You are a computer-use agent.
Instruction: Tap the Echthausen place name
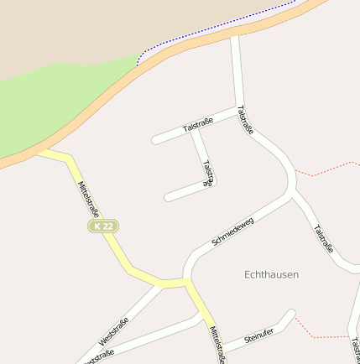tap(271, 274)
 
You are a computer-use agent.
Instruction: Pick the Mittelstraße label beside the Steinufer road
tap(217, 344)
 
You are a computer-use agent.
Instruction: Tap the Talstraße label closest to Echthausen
tap(324, 239)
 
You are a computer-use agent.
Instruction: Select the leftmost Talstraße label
tap(198, 126)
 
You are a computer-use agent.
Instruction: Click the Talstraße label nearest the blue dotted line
tap(245, 120)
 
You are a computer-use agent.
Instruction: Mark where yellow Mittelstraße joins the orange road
tap(42, 153)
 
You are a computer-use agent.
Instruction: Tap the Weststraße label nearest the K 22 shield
tap(114, 332)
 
